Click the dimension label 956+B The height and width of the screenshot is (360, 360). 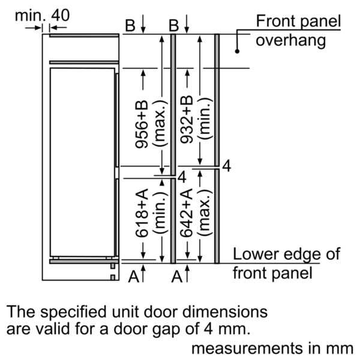point(142,124)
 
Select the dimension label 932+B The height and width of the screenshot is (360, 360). point(186,119)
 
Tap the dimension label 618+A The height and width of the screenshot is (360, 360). point(142,213)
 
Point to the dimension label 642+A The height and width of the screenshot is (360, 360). point(186,213)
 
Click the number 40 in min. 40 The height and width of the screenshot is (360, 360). point(60,16)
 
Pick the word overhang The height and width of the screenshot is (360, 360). point(290,41)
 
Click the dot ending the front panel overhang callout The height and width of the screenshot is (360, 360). point(237,51)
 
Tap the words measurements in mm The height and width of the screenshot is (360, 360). point(272,348)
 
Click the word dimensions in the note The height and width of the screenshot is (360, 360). point(225,311)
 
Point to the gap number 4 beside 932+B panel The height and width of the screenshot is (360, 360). point(227,166)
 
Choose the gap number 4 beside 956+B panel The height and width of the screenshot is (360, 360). point(182,177)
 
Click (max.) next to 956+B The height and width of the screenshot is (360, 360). point(160,123)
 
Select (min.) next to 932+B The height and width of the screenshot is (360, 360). point(205,118)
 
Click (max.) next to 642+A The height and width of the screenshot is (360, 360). point(205,213)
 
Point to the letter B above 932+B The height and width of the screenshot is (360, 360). point(174,25)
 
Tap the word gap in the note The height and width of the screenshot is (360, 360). point(166,329)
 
